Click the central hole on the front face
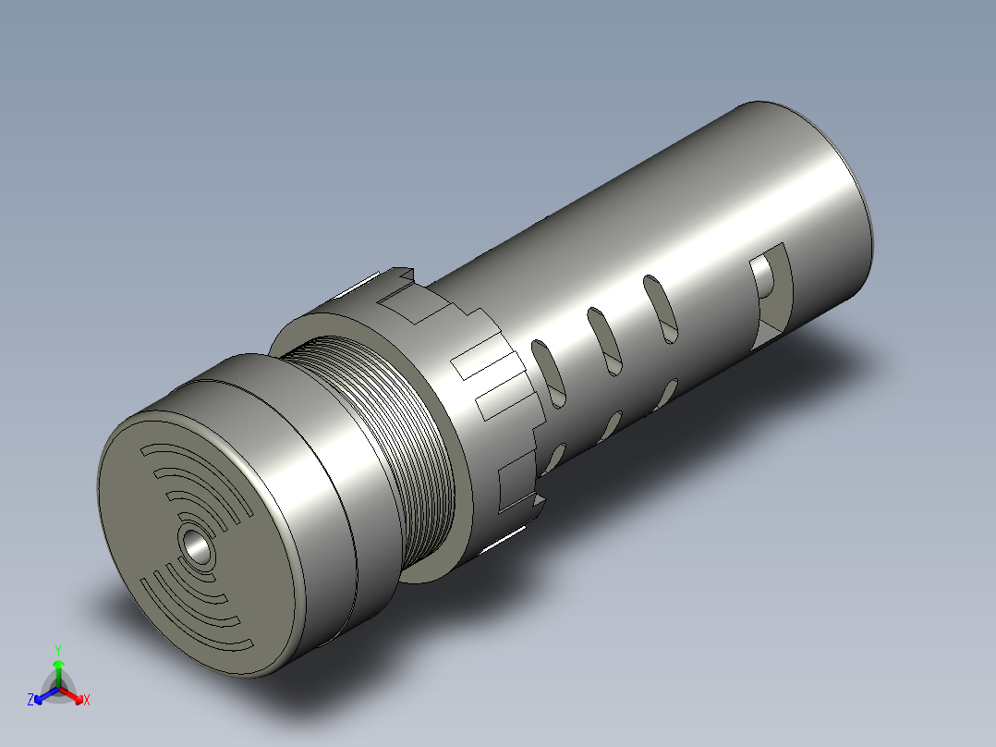[x=197, y=546]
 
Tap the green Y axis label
[x=57, y=649]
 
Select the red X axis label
[x=86, y=700]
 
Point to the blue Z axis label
[x=30, y=700]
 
